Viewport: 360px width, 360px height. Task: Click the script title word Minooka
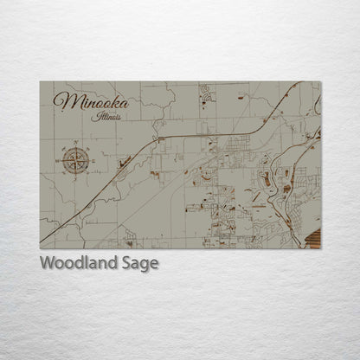point(90,101)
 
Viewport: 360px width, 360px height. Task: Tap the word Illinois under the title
point(108,115)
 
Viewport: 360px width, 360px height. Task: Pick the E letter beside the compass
point(93,159)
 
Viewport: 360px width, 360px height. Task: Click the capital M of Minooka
point(62,101)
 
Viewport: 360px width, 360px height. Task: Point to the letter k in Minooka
point(111,100)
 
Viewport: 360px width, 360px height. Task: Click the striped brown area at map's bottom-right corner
point(314,240)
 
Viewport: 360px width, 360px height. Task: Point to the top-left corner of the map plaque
point(41,82)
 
